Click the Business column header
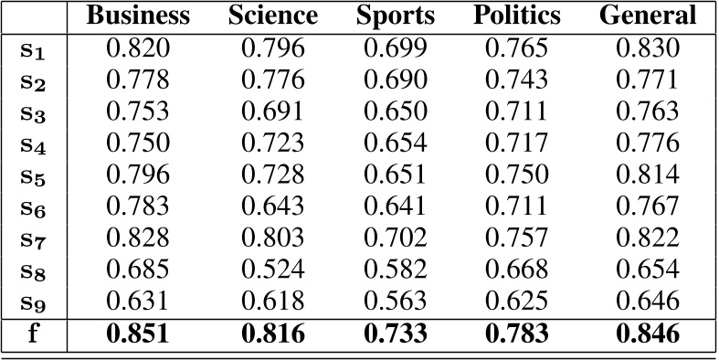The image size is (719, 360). tap(140, 16)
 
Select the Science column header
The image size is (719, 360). tap(273, 16)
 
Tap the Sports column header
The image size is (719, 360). tap(396, 16)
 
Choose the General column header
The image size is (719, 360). tap(648, 16)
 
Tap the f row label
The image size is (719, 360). tap(33, 334)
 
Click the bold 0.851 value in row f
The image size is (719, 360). tap(140, 334)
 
